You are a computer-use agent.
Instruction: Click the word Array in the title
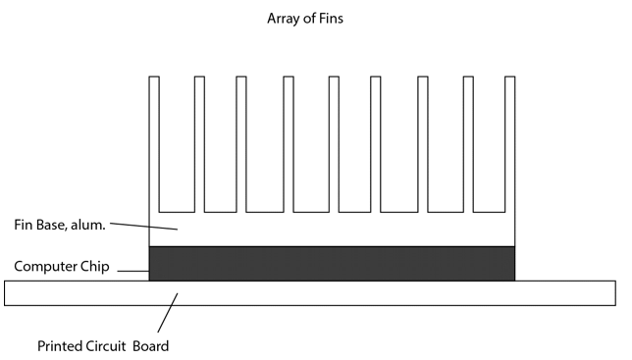283,19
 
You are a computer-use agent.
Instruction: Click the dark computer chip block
332,263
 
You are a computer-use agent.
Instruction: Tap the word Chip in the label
94,267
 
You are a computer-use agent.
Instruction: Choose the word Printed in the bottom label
61,346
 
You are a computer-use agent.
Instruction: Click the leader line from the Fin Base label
142,227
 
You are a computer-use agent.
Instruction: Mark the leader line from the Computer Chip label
132,270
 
